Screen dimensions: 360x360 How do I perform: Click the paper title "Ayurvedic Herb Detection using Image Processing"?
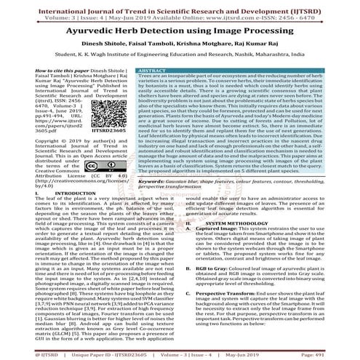pyautogui.click(x=180, y=31)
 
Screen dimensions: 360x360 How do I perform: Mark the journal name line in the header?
pyautogui.click(x=180, y=6)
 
